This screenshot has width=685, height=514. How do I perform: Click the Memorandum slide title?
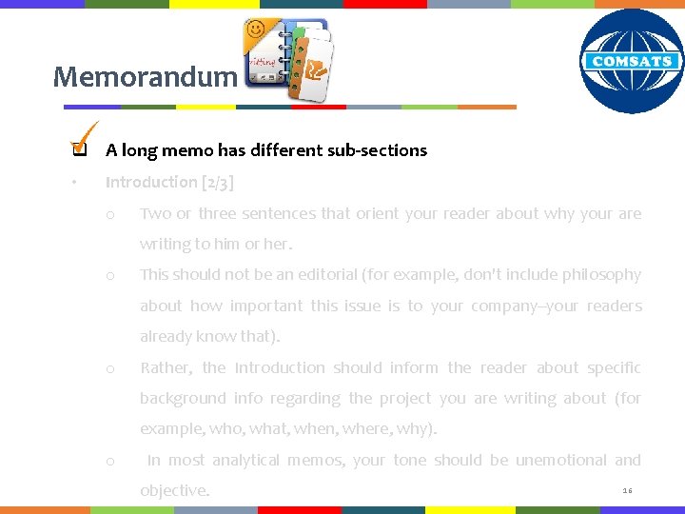(x=144, y=76)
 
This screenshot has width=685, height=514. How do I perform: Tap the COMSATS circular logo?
(x=632, y=62)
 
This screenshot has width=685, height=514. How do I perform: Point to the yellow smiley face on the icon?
(x=255, y=30)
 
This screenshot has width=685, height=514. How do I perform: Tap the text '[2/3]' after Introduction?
(x=217, y=182)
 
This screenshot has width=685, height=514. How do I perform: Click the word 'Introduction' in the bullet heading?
(x=151, y=182)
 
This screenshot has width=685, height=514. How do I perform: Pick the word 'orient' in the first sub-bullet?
(x=378, y=213)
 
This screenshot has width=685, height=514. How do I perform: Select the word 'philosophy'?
(x=602, y=275)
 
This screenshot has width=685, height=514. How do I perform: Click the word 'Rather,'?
(x=166, y=367)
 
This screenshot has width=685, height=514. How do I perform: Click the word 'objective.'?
(x=174, y=491)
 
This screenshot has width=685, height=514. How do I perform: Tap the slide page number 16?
(x=627, y=490)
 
